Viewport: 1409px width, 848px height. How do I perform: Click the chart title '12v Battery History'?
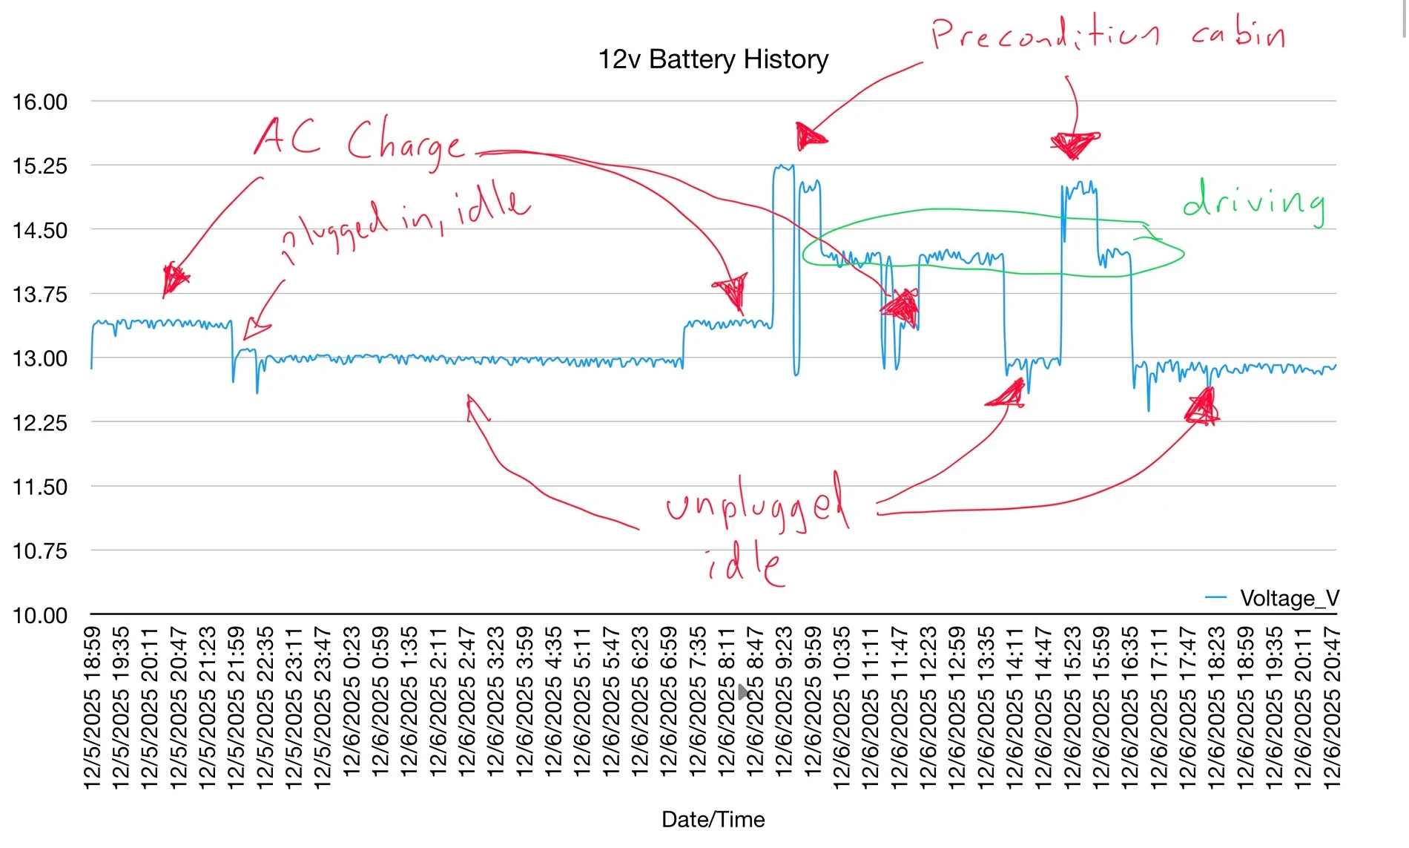click(x=713, y=59)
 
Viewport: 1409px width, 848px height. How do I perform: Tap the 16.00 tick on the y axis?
click(x=40, y=102)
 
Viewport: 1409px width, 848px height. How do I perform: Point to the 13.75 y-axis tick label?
click(x=40, y=295)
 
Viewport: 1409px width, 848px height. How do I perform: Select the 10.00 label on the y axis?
click(x=40, y=615)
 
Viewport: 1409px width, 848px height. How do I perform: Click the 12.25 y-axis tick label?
click(x=40, y=423)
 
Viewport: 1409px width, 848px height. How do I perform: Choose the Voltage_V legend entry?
click(x=1289, y=598)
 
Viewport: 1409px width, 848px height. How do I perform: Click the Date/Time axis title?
click(x=713, y=819)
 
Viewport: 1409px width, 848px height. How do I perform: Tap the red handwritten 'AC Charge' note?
click(x=360, y=140)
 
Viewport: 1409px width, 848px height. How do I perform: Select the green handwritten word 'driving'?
click(x=1254, y=200)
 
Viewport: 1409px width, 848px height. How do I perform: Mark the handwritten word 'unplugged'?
click(x=756, y=504)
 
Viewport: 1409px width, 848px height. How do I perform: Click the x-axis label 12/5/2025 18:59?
click(x=92, y=708)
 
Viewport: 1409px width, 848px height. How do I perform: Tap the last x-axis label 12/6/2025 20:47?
click(x=1332, y=708)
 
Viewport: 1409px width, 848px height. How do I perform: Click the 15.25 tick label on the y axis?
click(x=40, y=166)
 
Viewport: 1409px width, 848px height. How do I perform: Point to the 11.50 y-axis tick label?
click(x=40, y=487)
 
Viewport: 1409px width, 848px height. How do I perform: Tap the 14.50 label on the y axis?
click(x=40, y=231)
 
